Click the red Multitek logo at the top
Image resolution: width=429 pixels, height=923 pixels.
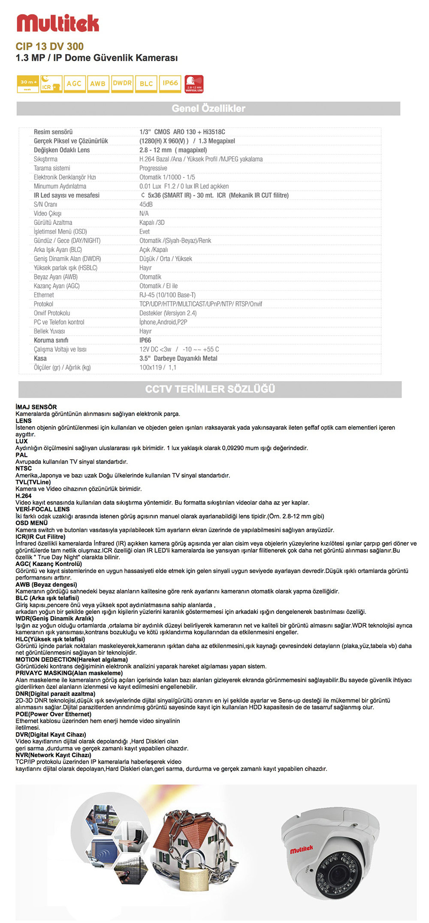(57, 23)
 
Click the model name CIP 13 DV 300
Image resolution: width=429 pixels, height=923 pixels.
(50, 46)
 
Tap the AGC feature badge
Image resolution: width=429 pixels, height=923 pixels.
(74, 84)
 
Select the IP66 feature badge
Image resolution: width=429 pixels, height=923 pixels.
(170, 83)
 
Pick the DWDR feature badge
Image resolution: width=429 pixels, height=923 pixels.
(122, 83)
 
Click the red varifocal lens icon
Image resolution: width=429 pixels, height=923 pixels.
(194, 84)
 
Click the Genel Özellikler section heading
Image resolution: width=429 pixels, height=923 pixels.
(208, 108)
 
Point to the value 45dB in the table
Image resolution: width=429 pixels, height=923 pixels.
(146, 204)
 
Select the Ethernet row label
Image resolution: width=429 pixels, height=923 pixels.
(44, 295)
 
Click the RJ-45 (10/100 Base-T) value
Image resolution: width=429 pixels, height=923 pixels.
(167, 295)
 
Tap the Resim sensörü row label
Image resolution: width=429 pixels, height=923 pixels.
(53, 132)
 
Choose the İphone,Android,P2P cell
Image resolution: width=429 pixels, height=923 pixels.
(163, 322)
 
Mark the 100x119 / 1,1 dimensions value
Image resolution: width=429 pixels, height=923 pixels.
(157, 367)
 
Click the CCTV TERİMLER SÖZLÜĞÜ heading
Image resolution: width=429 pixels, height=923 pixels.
(210, 389)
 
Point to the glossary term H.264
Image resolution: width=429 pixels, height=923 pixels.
(24, 496)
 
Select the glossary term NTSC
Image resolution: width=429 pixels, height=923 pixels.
(24, 469)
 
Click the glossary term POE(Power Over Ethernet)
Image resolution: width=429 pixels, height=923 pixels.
(53, 714)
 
